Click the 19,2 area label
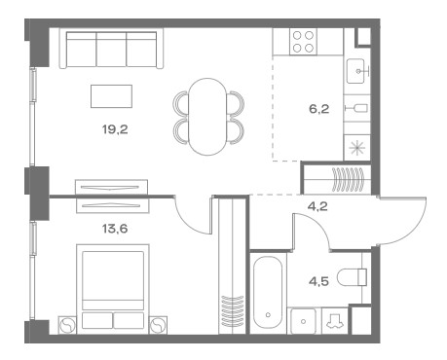(115, 129)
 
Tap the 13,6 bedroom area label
(115, 229)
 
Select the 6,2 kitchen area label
(318, 109)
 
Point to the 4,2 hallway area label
(317, 206)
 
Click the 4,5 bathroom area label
(318, 281)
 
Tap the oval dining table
(207, 117)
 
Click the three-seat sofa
(111, 49)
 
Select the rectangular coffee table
(111, 96)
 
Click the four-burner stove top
(303, 42)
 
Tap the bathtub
(268, 293)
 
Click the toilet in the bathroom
(352, 277)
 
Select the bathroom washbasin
(303, 321)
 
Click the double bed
(113, 287)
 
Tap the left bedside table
(67, 325)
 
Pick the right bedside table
(158, 325)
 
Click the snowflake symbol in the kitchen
(356, 148)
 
